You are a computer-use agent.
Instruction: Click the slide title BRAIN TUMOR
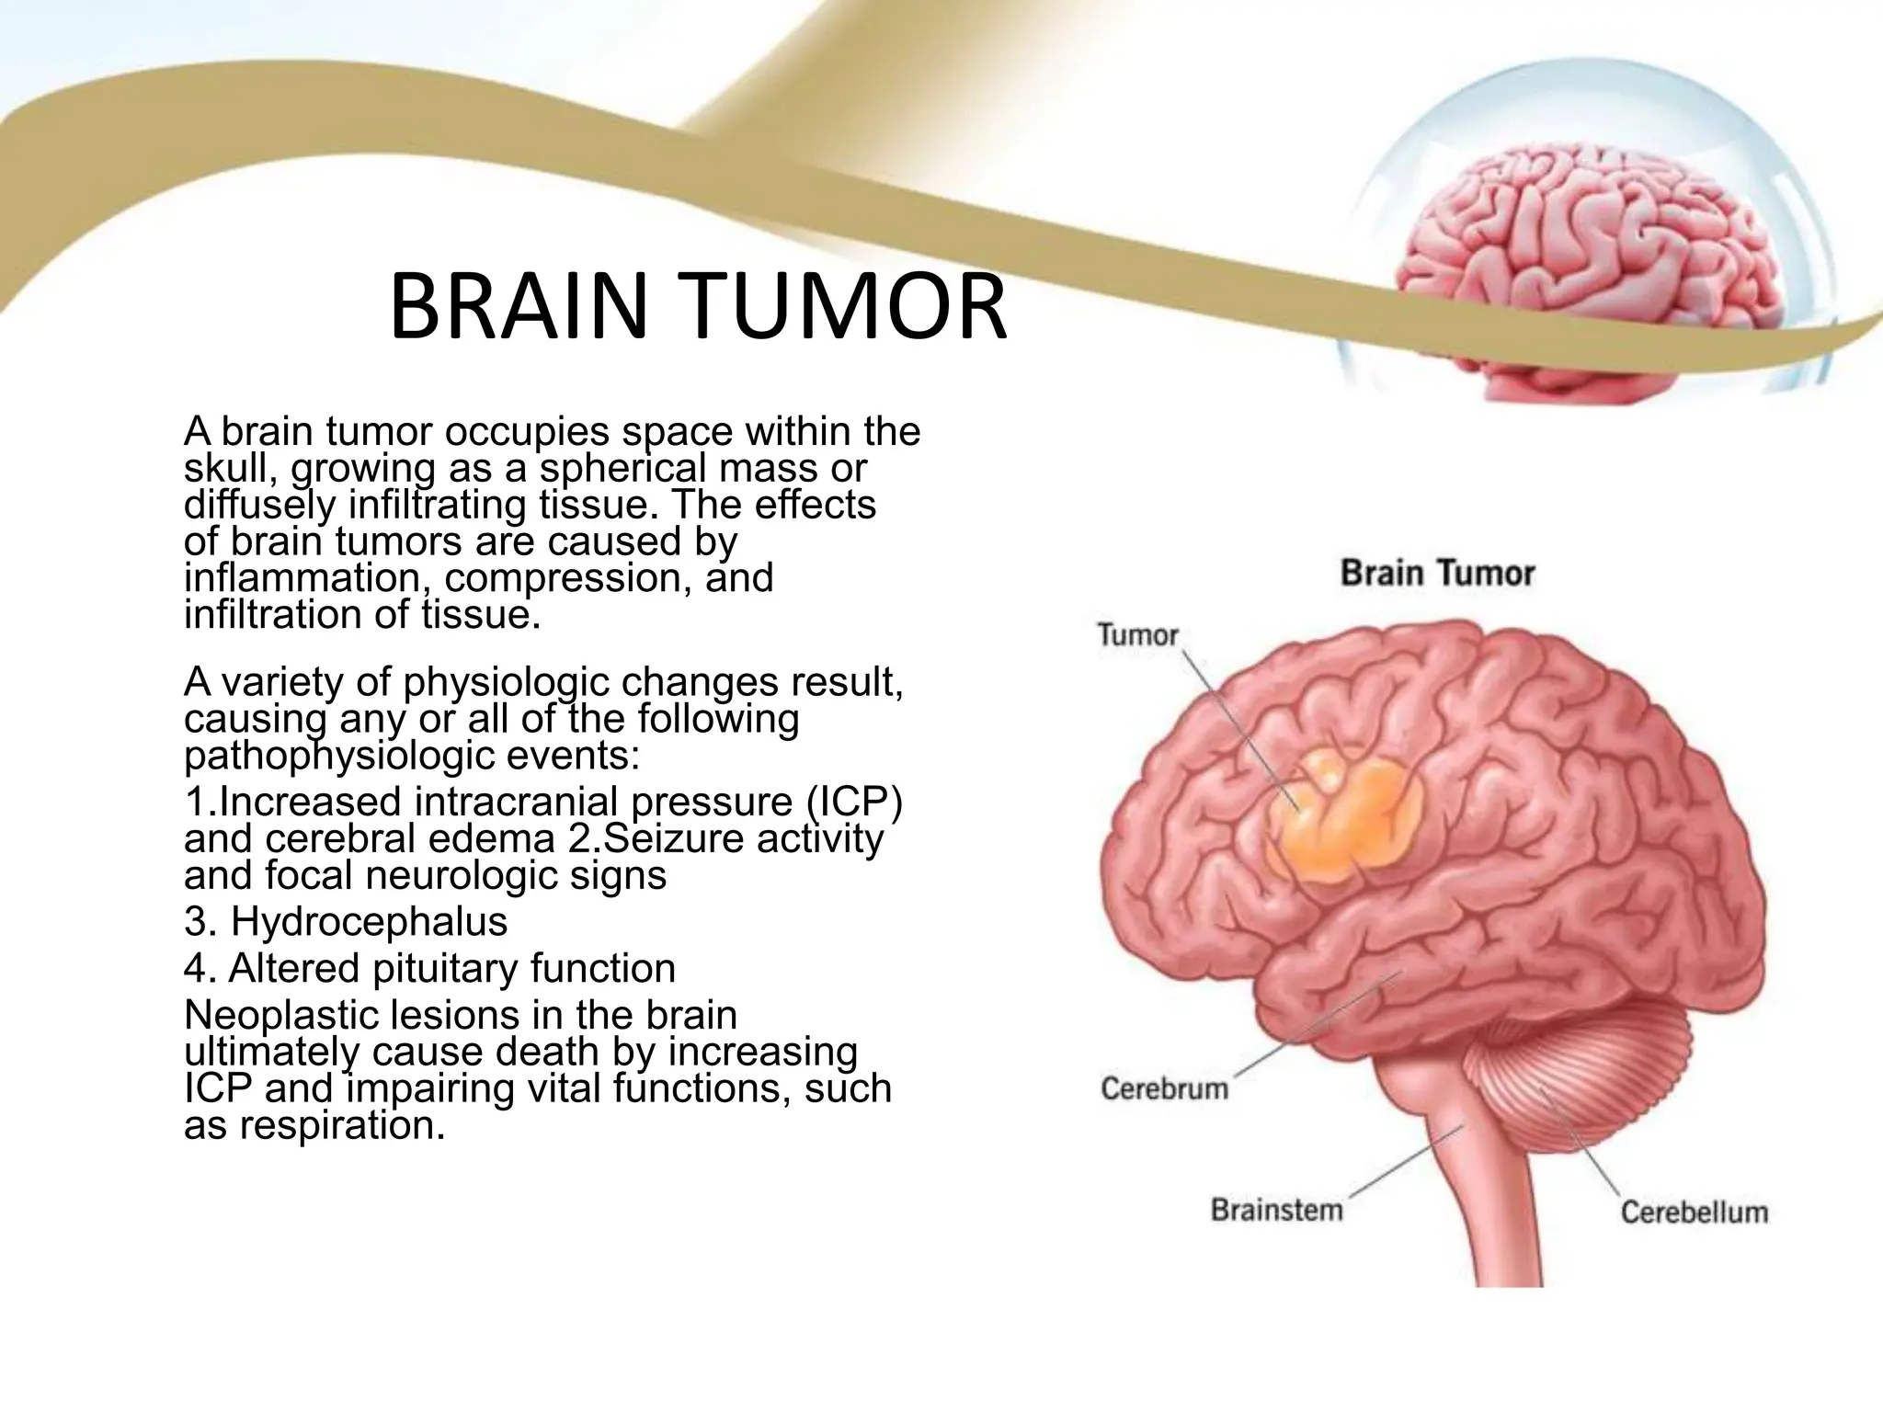click(698, 306)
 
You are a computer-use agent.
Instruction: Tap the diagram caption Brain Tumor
click(1437, 574)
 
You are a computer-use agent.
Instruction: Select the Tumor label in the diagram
click(1138, 634)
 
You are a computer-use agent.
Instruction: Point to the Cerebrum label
click(1165, 1088)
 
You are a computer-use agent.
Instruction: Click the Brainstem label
click(1277, 1209)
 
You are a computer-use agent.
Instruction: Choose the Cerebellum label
click(1694, 1212)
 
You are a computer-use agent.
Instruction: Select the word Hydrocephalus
click(369, 921)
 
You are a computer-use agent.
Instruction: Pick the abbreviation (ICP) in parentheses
click(854, 802)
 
